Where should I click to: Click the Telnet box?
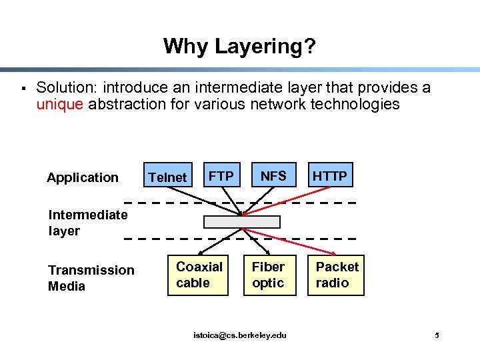tap(167, 177)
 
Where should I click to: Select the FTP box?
tap(221, 176)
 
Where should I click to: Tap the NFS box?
tap(273, 176)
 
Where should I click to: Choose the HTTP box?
tap(330, 176)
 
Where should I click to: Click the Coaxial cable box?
tap(199, 275)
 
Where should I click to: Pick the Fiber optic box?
tap(268, 275)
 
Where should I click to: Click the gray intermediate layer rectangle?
tap(242, 222)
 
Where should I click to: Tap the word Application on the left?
tap(83, 177)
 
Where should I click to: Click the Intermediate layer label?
tap(87, 223)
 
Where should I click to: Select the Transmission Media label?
tap(91, 278)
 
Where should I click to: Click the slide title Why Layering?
tap(240, 46)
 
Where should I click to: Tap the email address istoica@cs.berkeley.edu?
tap(240, 335)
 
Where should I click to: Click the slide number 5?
tap(437, 335)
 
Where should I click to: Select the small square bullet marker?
tap(22, 88)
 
